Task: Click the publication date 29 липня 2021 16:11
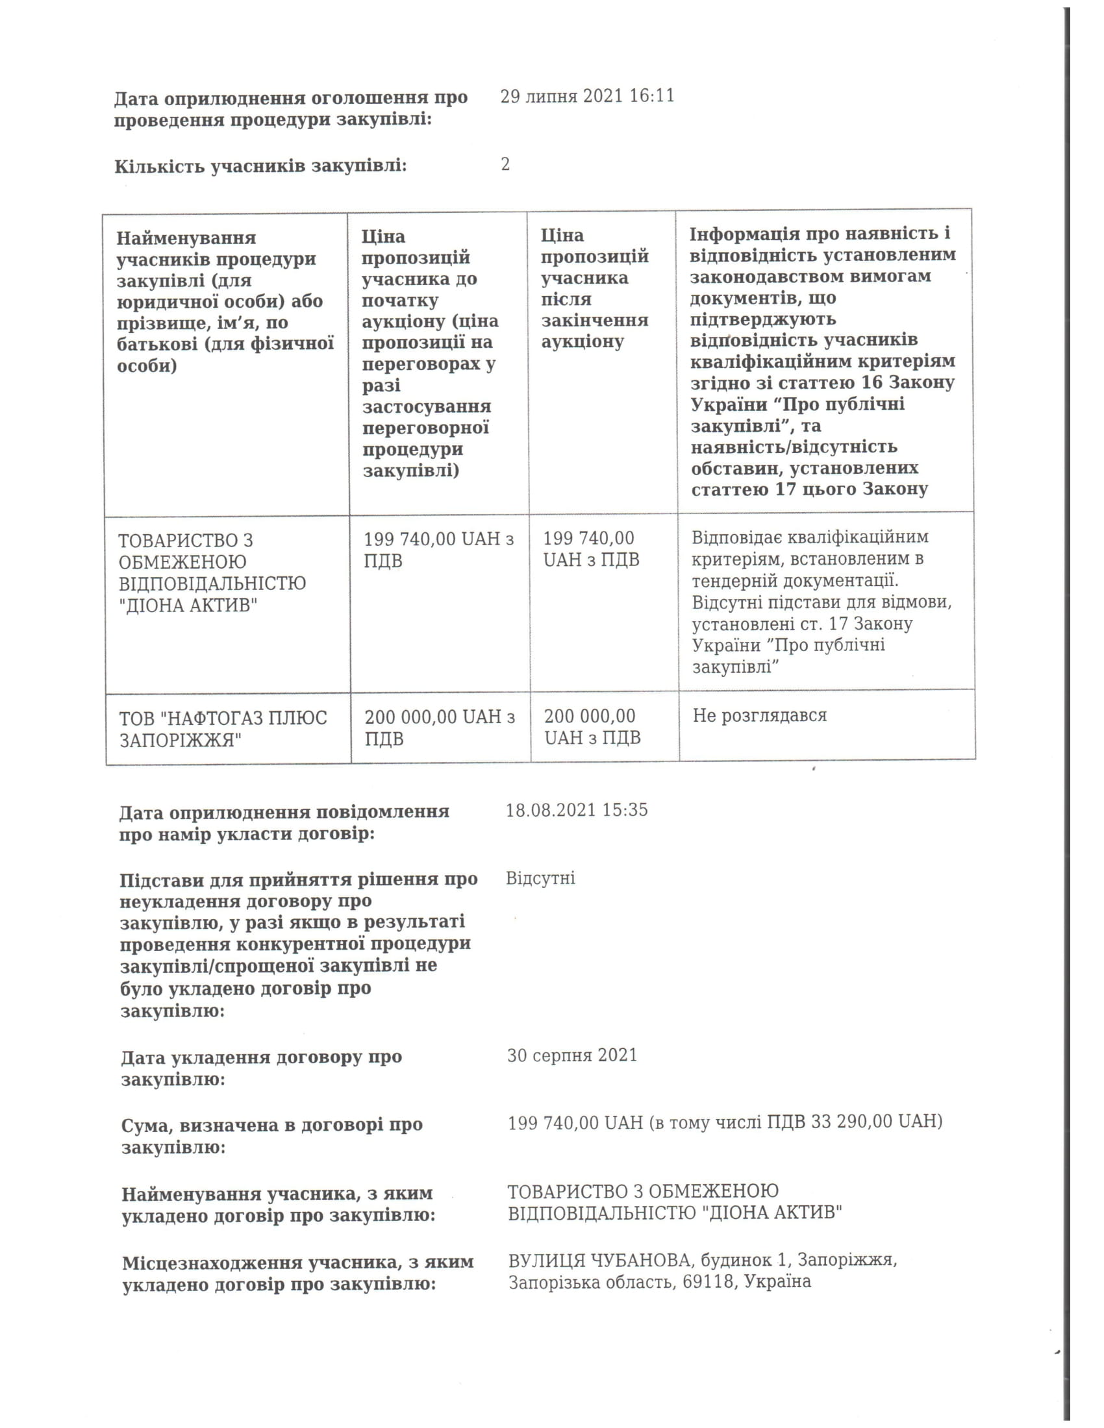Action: point(586,97)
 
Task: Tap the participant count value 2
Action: point(505,164)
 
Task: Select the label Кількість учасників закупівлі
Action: point(260,167)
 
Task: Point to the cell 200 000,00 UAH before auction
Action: point(440,728)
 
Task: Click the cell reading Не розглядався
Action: point(759,715)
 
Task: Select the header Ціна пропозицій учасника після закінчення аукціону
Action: point(594,288)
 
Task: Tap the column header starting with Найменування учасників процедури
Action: point(225,301)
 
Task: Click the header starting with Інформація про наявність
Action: point(823,361)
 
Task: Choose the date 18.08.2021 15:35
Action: point(576,810)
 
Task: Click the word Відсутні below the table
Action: point(540,878)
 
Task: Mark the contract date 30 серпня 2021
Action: point(571,1055)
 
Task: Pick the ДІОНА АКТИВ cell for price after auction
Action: point(591,548)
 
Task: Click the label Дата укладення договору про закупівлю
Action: point(261,1068)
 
